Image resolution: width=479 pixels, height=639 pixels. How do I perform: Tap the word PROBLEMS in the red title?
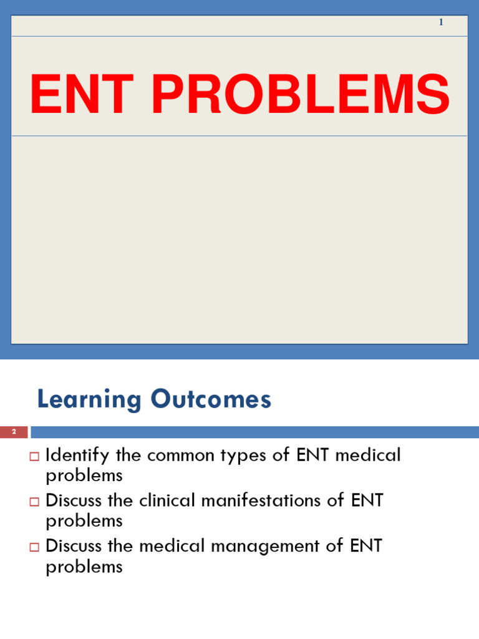(x=300, y=95)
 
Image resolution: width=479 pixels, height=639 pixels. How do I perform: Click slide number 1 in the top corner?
(x=441, y=22)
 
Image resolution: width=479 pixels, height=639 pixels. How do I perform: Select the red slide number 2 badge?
(x=14, y=432)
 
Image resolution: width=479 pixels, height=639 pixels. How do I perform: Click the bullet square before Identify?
(x=34, y=456)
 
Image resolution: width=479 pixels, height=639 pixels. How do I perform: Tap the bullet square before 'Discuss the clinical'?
(x=34, y=502)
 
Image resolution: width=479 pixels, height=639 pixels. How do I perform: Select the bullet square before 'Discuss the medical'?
(x=34, y=547)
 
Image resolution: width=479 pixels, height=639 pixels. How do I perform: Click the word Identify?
(x=79, y=456)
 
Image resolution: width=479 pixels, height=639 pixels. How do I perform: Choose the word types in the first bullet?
(x=254, y=456)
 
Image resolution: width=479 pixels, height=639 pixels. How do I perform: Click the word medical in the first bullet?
(x=368, y=456)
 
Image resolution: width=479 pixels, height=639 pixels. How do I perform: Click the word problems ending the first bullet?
(x=84, y=476)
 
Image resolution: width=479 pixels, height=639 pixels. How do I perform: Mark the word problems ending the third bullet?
(x=84, y=567)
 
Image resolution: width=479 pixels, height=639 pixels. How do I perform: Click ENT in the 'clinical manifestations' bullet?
(x=366, y=500)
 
